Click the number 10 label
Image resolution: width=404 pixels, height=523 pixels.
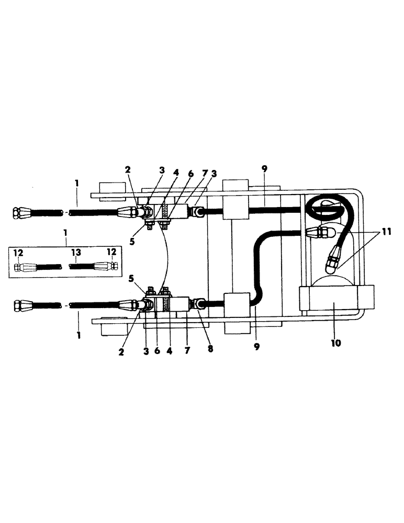(335, 343)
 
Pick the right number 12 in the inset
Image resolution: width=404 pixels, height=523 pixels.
(111, 253)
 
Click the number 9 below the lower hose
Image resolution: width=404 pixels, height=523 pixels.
(257, 346)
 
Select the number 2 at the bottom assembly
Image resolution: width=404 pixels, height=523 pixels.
(121, 352)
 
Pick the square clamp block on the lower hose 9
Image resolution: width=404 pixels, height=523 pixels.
(235, 303)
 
